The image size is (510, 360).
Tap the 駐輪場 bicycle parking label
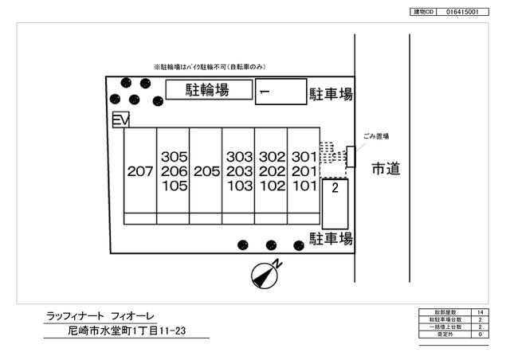pyautogui.click(x=207, y=90)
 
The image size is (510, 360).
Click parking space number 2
pyautogui.click(x=336, y=189)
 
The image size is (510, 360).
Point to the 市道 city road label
pyautogui.click(x=385, y=169)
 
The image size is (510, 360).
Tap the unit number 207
pyautogui.click(x=139, y=171)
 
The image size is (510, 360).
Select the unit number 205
pyautogui.click(x=206, y=171)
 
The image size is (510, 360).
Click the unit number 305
pyautogui.click(x=173, y=157)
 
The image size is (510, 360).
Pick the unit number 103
pyautogui.click(x=238, y=186)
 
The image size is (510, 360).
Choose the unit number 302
pyautogui.click(x=272, y=157)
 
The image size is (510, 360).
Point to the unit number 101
pyautogui.click(x=304, y=186)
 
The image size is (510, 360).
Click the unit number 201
pyautogui.click(x=304, y=171)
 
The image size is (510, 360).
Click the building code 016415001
pyautogui.click(x=461, y=13)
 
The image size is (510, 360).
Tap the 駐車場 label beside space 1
pyautogui.click(x=331, y=95)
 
